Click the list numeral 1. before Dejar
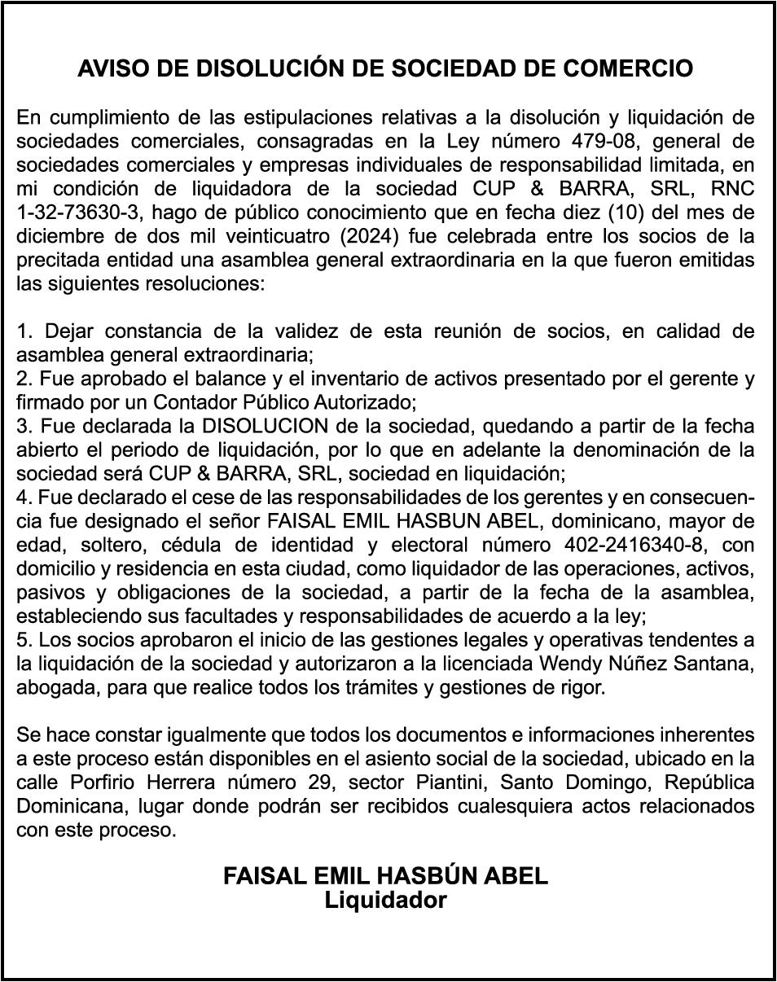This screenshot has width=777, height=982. point(24,331)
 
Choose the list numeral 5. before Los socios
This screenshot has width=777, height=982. point(24,639)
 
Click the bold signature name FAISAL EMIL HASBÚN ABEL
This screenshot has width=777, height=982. point(386,876)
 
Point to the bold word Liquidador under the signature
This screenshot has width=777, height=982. point(386,901)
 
